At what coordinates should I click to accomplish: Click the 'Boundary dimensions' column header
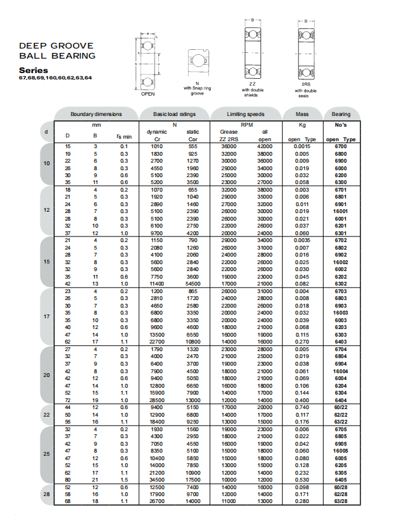click(x=96, y=114)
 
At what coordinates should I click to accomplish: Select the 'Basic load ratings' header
click(x=175, y=114)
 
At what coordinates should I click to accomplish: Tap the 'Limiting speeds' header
click(x=246, y=114)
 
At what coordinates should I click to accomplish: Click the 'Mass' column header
click(x=302, y=114)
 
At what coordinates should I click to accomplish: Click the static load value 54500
click(x=194, y=284)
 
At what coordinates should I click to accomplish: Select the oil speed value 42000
click(x=265, y=146)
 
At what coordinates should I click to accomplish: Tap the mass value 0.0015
click(x=302, y=146)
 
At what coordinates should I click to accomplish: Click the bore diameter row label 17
click(x=47, y=316)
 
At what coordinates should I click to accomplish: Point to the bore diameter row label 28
click(x=47, y=494)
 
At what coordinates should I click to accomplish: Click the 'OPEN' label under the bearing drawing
click(x=148, y=93)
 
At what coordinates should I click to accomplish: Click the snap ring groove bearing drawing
click(x=197, y=62)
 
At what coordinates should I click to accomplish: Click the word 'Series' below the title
click(x=33, y=70)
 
